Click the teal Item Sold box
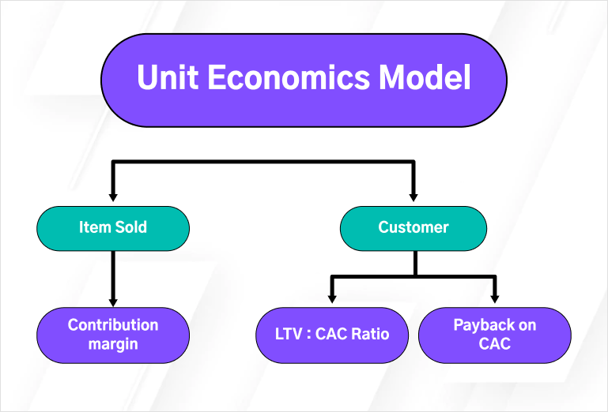(113, 227)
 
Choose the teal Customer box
(414, 227)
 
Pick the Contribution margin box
(113, 335)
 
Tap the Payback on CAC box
(494, 335)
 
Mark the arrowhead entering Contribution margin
(113, 300)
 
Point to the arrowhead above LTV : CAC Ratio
(332, 298)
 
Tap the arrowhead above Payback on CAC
(495, 298)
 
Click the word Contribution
(113, 325)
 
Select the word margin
(113, 344)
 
